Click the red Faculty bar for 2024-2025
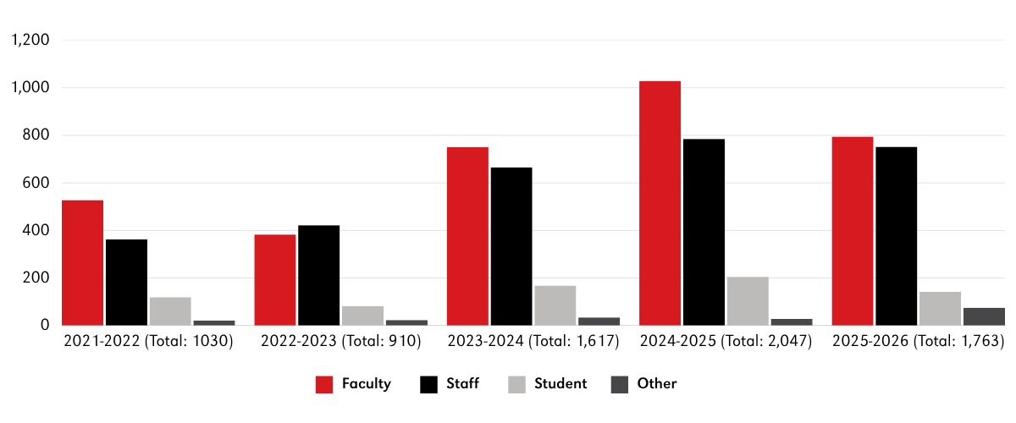[x=660, y=203]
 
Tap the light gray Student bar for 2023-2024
[x=555, y=305]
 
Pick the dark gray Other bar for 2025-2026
[x=984, y=316]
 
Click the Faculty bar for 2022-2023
[x=274, y=280]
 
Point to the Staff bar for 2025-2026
[x=896, y=236]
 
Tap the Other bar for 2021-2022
[x=214, y=322]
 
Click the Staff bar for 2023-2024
[x=511, y=246]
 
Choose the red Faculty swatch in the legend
[x=324, y=384]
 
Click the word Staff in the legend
[x=463, y=384]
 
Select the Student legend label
[x=560, y=384]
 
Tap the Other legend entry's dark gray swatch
[x=619, y=384]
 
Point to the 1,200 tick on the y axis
[x=30, y=41]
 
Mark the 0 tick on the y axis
[x=46, y=326]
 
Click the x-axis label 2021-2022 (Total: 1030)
[x=148, y=342]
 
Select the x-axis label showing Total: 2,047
[x=726, y=342]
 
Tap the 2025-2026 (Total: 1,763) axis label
[x=918, y=342]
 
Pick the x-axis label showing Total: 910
[x=340, y=342]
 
